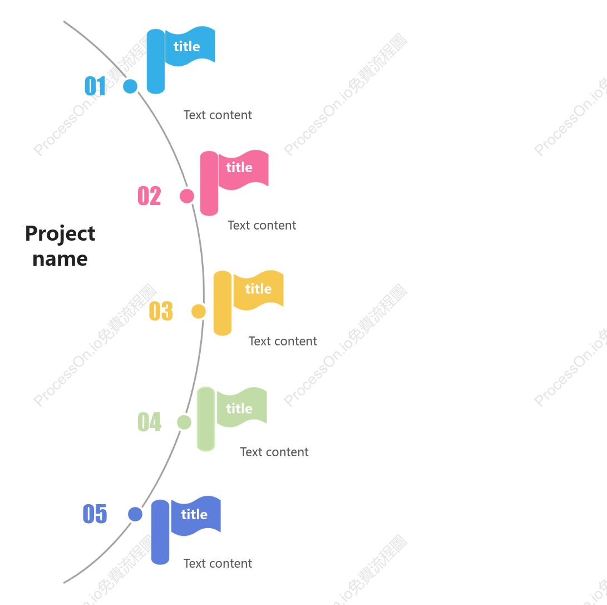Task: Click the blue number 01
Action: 95,86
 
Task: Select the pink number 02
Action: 150,196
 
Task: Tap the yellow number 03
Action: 161,311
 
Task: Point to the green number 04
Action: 150,422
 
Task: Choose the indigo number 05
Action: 95,514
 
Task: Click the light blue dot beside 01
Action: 130,86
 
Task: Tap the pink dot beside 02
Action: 187,196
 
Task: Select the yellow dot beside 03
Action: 199,311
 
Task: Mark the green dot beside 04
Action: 184,422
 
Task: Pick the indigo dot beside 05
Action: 135,514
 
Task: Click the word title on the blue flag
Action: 186,46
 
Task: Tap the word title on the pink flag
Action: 239,168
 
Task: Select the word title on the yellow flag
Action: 258,289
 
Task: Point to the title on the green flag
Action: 239,408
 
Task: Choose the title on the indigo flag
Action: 194,514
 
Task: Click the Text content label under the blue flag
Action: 218,115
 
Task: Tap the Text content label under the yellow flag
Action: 283,341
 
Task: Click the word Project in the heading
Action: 60,234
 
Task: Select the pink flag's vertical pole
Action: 209,183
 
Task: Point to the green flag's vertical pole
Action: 206,419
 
